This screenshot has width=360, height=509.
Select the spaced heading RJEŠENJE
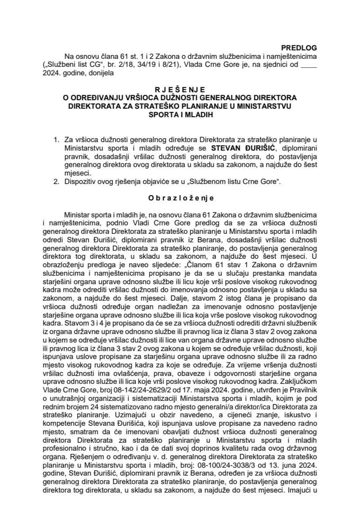click(x=180, y=90)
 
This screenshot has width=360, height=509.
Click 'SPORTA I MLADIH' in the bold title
click(x=180, y=114)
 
